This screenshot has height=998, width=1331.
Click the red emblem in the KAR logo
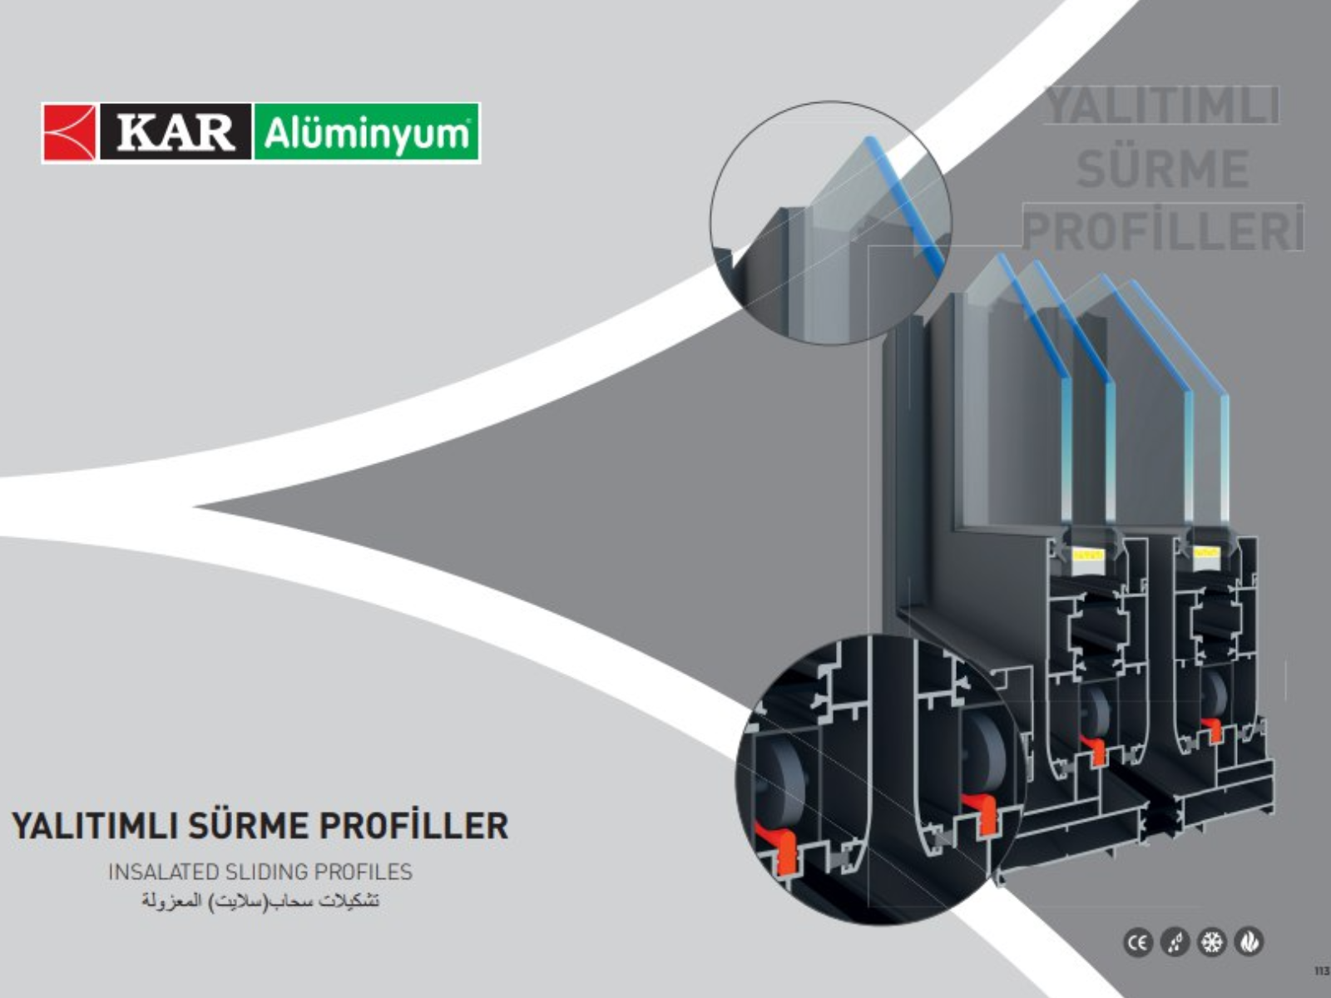click(x=70, y=132)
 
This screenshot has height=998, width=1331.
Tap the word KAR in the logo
click(x=176, y=132)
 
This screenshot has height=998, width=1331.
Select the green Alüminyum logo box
click(x=366, y=133)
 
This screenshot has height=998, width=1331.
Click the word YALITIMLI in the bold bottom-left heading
click(x=92, y=826)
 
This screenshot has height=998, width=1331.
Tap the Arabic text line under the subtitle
click(x=260, y=901)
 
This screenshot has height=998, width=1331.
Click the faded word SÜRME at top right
click(x=1162, y=169)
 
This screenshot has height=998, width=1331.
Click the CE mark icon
click(x=1138, y=942)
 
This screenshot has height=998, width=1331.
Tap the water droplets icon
click(x=1175, y=942)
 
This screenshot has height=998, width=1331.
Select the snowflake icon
click(x=1212, y=942)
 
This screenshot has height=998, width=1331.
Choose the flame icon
click(x=1249, y=942)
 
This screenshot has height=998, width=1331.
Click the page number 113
click(x=1320, y=971)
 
